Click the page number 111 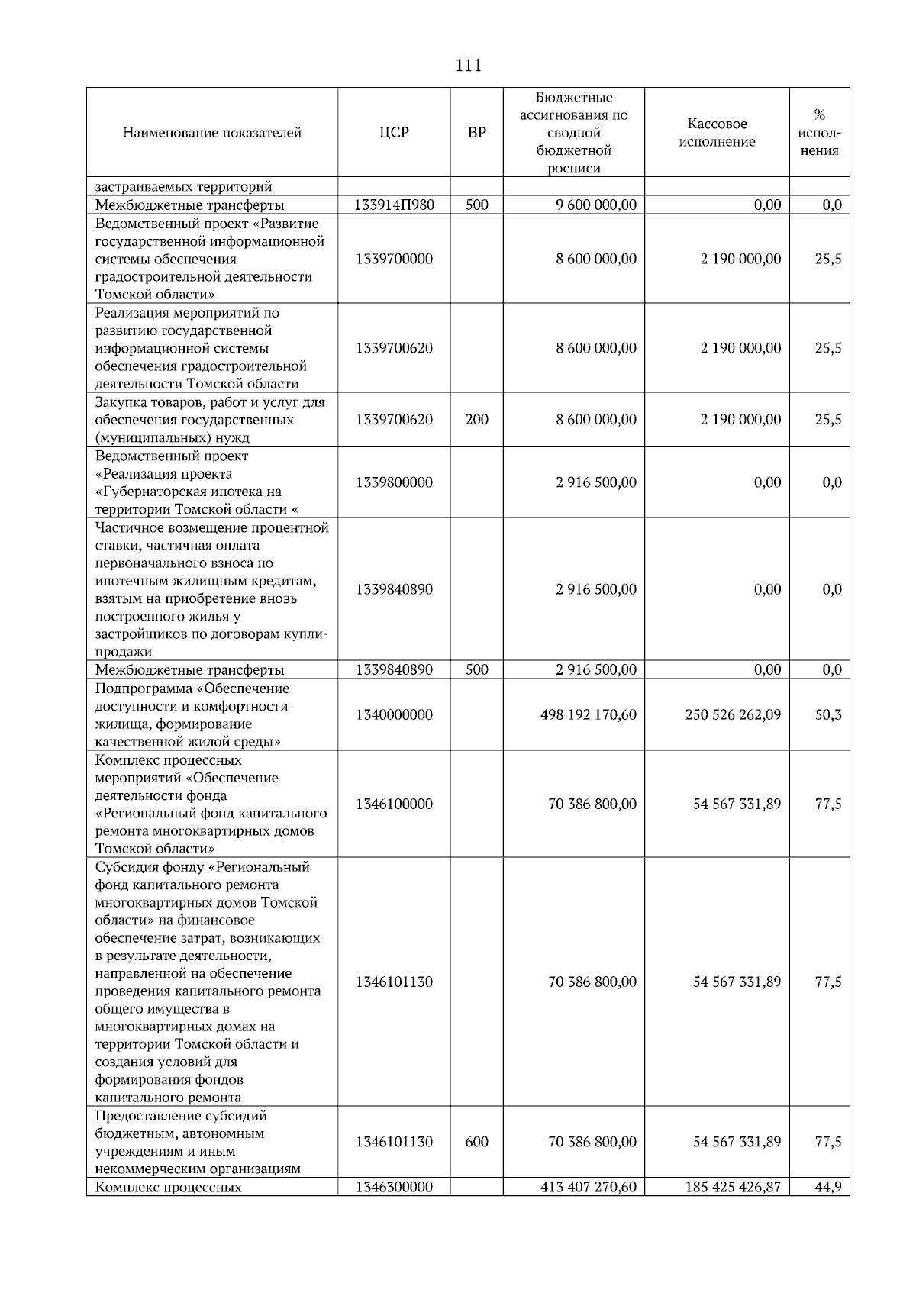click(x=468, y=66)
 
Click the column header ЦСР click(x=394, y=133)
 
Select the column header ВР click(x=476, y=133)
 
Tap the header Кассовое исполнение click(x=717, y=133)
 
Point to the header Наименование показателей click(x=212, y=133)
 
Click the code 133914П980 click(x=394, y=205)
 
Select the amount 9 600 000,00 click(x=596, y=205)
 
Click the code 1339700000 click(x=394, y=259)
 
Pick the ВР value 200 click(x=476, y=420)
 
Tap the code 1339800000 click(x=394, y=482)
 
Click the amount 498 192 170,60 click(x=588, y=715)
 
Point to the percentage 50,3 click(x=828, y=715)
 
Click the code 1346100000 click(x=394, y=804)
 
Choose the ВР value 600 click(x=476, y=1143)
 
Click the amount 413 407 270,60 click(x=588, y=1188)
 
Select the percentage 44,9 click(x=828, y=1188)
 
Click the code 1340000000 click(x=394, y=715)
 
